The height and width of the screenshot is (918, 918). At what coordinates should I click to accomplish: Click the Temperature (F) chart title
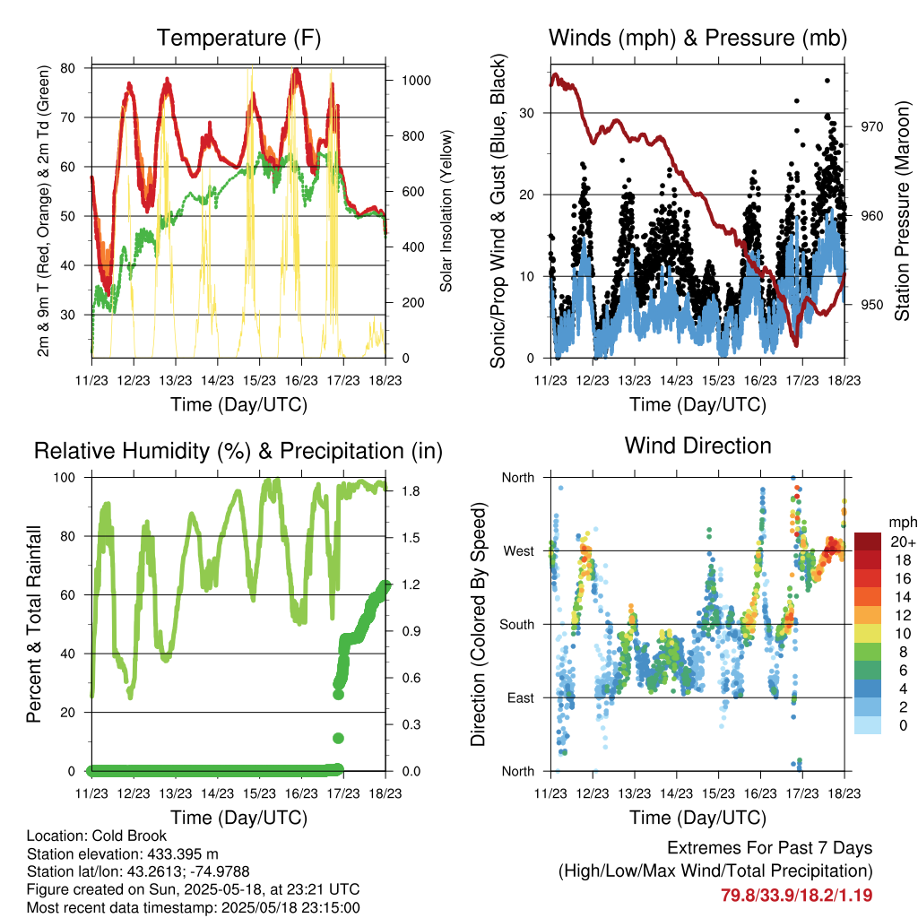tap(238, 38)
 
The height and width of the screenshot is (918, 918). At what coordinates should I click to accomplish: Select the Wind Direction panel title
tap(697, 446)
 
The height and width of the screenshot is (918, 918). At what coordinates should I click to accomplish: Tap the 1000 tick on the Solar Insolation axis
tap(416, 80)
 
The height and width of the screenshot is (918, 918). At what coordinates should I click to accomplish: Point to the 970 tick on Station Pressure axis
tap(871, 126)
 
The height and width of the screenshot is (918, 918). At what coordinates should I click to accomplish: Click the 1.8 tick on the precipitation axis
tap(411, 491)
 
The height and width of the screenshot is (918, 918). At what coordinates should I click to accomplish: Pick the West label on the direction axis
tap(519, 551)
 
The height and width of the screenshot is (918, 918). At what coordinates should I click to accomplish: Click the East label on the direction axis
tap(521, 697)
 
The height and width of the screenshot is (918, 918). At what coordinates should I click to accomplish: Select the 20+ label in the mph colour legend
tap(903, 542)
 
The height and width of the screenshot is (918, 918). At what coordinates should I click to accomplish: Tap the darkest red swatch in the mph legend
tap(868, 541)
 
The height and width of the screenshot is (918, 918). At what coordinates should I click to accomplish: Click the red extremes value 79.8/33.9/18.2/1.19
tap(796, 896)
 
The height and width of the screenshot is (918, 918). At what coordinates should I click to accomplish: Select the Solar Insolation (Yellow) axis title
tap(446, 211)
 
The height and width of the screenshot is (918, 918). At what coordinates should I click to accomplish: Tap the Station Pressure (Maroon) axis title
tap(902, 211)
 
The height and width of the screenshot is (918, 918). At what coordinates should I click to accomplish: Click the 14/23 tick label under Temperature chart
tap(217, 380)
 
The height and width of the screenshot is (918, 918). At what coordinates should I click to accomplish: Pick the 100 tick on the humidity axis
tap(65, 477)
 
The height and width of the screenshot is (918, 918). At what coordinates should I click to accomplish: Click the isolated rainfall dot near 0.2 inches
tap(338, 739)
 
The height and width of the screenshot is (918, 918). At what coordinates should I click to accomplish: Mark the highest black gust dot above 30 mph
tap(827, 81)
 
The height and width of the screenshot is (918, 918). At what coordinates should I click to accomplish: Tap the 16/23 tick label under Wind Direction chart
tap(760, 793)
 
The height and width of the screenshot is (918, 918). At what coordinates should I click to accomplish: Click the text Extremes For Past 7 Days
tap(770, 848)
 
